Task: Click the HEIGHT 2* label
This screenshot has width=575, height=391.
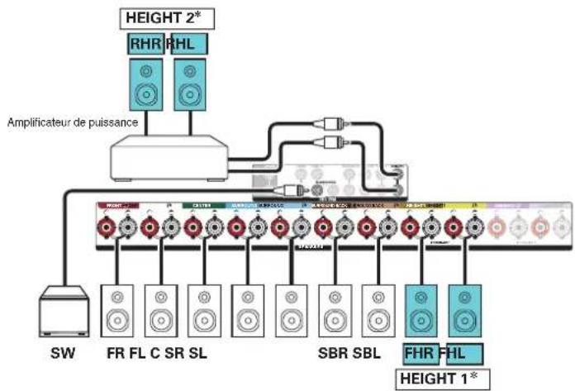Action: [x=162, y=17]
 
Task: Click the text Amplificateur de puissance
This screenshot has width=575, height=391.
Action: [x=73, y=122]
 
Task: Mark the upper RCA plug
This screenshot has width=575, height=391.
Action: [x=330, y=119]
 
